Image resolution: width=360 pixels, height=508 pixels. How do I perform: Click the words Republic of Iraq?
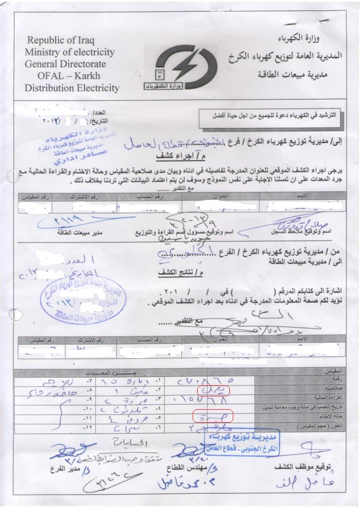(x=61, y=40)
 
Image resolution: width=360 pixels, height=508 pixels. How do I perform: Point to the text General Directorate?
(x=65, y=64)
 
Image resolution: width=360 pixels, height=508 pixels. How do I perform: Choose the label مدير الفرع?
(x=68, y=468)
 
